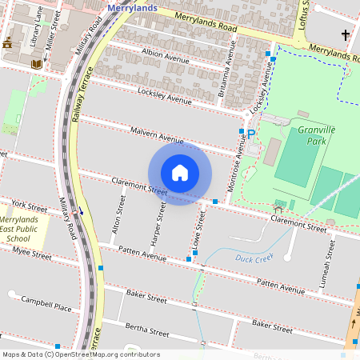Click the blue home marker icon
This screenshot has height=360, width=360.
pyautogui.click(x=180, y=173)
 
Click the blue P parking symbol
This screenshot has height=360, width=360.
pyautogui.click(x=250, y=134)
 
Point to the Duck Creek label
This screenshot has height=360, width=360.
pyautogui.click(x=255, y=258)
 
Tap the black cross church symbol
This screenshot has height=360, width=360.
pyautogui.click(x=346, y=35)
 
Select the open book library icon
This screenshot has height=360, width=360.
pyautogui.click(x=36, y=64)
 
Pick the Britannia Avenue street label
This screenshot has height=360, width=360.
pyautogui.click(x=227, y=78)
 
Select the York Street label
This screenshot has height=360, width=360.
pyautogui.click(x=25, y=205)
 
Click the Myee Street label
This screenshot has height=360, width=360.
pyautogui.click(x=31, y=254)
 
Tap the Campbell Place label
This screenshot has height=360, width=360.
pyautogui.click(x=46, y=305)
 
